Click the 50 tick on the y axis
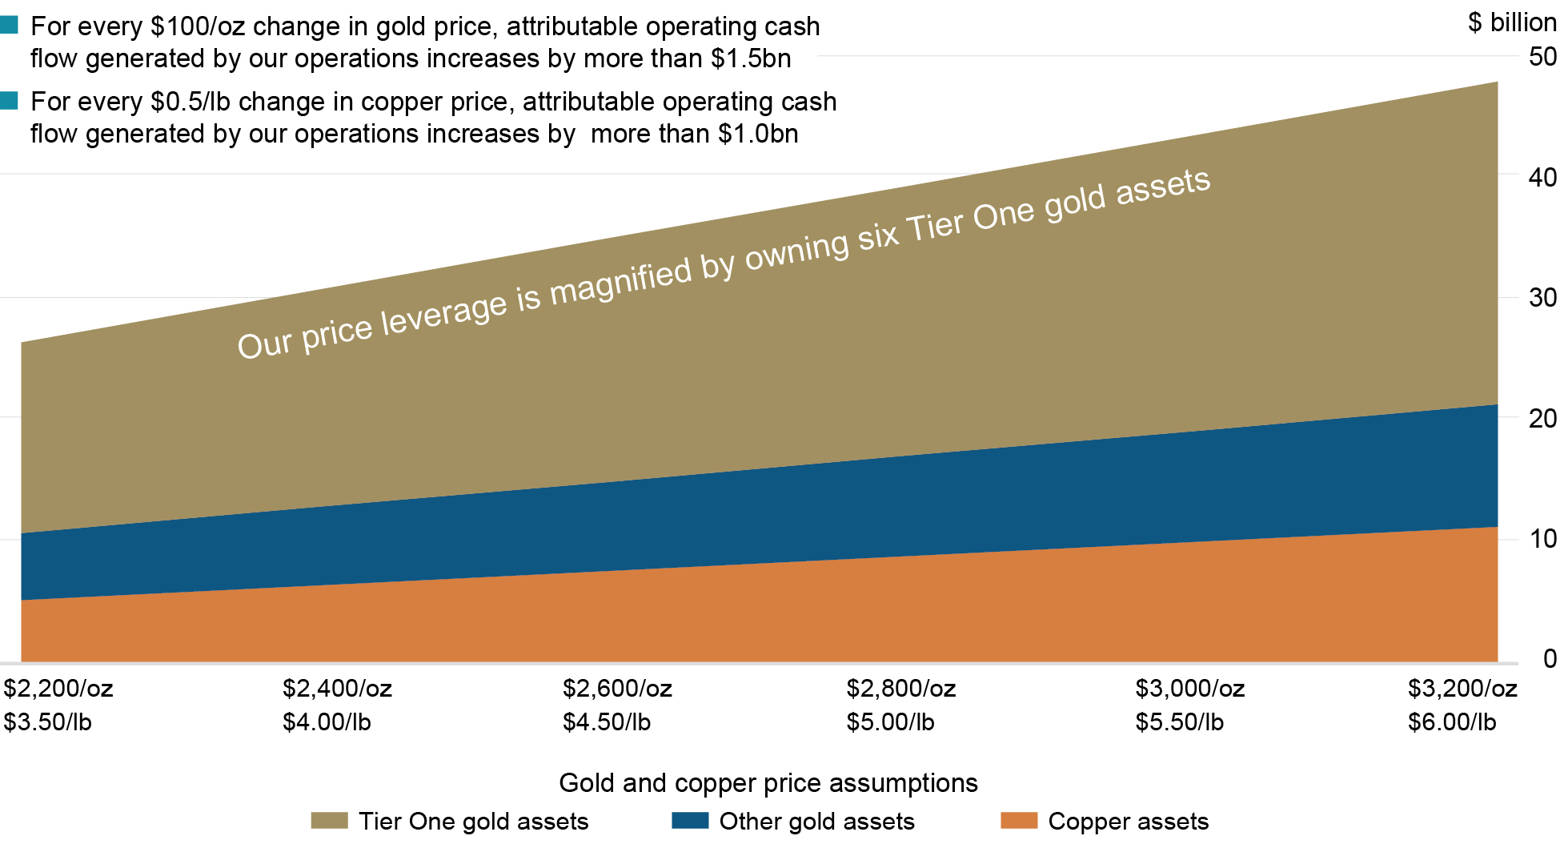1542,57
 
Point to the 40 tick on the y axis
1542,177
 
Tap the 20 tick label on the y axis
1542,418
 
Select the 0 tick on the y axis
1550,658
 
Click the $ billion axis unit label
1511,22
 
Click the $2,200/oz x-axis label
58,688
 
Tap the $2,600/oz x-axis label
617,688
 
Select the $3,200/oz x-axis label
1462,688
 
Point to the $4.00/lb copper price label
327,722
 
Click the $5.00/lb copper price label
890,722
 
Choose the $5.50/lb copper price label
1179,722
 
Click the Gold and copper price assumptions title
768,782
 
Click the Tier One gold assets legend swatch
329,821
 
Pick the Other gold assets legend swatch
690,821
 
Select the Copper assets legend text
1128,821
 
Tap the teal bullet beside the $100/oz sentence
9,25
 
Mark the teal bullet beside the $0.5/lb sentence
9,100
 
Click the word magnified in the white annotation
620,279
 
